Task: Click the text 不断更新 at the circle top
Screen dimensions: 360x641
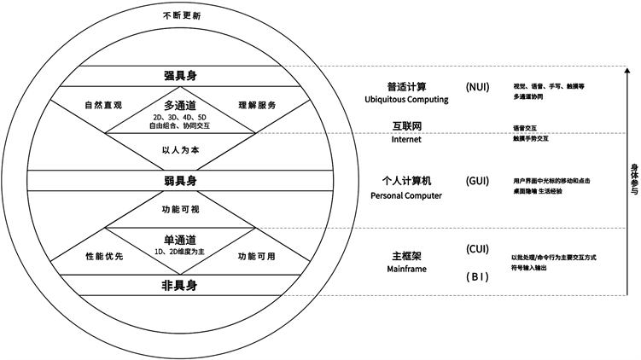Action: tap(181, 16)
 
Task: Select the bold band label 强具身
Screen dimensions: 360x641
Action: tap(181, 76)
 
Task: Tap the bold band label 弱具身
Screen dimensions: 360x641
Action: tap(181, 181)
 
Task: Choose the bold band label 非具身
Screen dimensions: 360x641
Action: tap(181, 285)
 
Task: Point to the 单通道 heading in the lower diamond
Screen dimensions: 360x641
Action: tap(181, 239)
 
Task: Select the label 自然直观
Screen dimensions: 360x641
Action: tap(103, 106)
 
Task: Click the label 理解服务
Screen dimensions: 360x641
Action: tap(257, 106)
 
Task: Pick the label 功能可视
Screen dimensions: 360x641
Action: tap(181, 207)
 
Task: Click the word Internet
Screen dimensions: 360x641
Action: tap(406, 140)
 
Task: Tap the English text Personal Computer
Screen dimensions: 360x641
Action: tap(406, 195)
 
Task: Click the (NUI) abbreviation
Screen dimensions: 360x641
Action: tap(478, 86)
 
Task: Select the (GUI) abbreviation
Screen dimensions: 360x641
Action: tap(478, 181)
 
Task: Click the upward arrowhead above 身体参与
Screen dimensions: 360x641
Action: tap(627, 73)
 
